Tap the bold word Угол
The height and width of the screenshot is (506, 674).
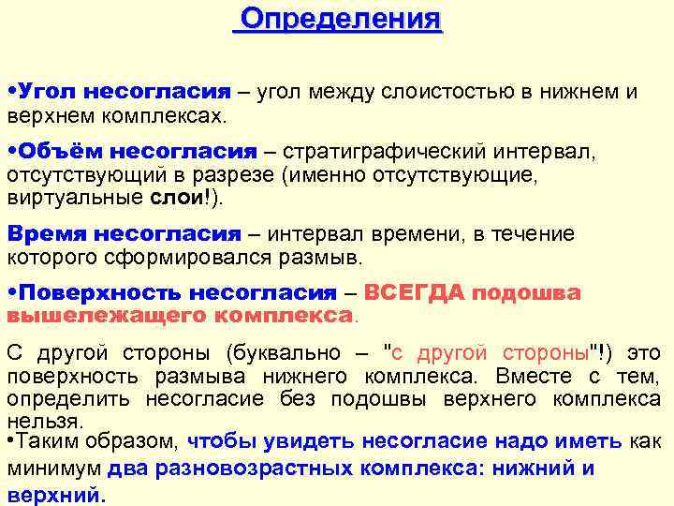tap(50, 92)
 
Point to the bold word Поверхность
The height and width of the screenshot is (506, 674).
tap(98, 292)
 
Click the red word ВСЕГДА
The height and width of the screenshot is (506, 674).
tap(414, 292)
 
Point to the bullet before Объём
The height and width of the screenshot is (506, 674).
tap(11, 152)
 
